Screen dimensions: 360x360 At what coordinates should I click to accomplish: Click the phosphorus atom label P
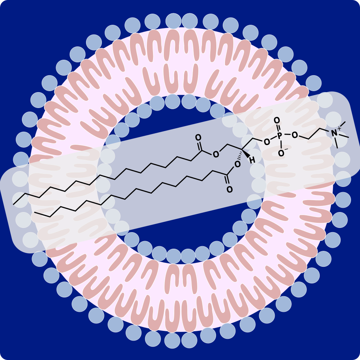click(280, 136)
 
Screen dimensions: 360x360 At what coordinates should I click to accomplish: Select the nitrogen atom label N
click(334, 133)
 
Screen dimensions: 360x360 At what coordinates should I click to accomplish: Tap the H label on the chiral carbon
click(252, 160)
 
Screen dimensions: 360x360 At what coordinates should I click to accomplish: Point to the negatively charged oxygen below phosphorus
click(281, 153)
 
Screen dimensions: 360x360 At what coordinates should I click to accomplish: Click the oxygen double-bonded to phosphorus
click(276, 121)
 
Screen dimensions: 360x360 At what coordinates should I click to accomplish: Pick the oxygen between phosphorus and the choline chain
click(294, 135)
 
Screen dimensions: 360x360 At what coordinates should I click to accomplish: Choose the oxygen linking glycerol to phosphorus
click(267, 142)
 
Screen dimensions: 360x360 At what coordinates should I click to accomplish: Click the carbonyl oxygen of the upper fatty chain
click(198, 138)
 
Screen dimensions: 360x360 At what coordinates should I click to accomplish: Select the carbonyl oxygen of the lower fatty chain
click(229, 190)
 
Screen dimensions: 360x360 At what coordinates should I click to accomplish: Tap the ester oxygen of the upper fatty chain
click(216, 155)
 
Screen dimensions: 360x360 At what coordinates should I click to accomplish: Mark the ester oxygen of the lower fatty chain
click(237, 165)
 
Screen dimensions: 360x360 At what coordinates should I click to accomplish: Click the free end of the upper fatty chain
click(14, 204)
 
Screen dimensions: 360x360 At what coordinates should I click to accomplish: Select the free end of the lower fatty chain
click(35, 212)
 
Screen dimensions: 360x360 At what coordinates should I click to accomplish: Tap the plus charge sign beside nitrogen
click(339, 128)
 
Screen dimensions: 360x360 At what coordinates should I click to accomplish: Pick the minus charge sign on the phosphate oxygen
click(286, 149)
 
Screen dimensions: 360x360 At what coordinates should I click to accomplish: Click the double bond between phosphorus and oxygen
click(278, 128)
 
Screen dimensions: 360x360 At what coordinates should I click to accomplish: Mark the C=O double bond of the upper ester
click(199, 145)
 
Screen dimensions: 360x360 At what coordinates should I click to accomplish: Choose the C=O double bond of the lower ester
click(228, 182)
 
